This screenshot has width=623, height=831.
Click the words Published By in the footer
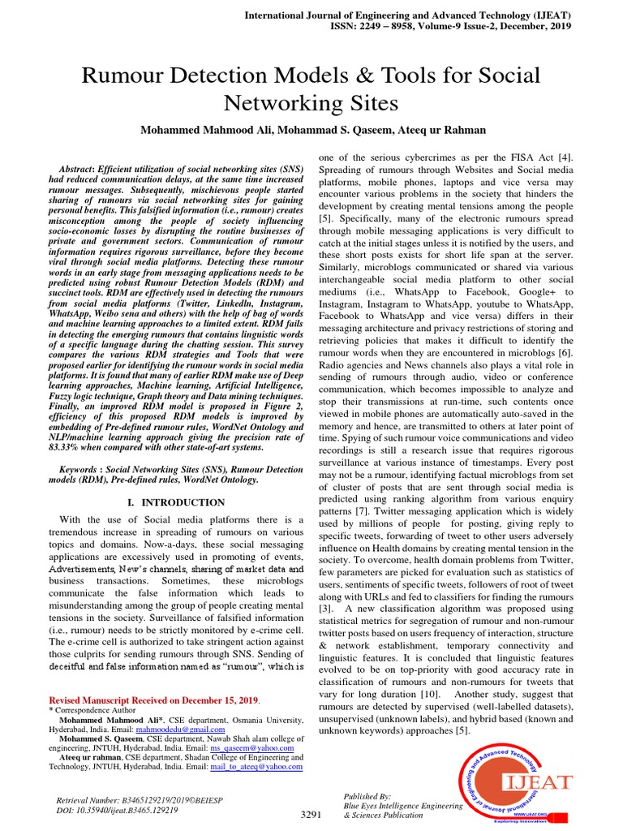(x=367, y=796)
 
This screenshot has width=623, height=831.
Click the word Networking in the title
(x=286, y=103)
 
